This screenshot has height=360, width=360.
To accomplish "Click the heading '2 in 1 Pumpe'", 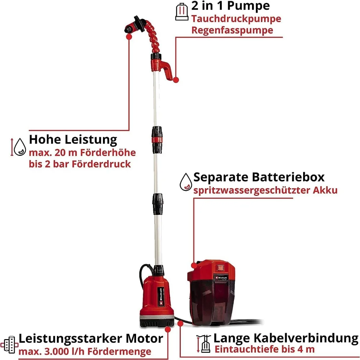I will [x=231, y=6].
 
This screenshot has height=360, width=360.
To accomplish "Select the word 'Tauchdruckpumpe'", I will [x=236, y=19].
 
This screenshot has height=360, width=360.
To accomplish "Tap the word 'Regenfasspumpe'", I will [x=232, y=30].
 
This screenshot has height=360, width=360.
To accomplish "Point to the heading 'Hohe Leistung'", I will [x=73, y=139].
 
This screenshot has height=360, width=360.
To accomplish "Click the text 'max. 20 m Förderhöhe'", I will [x=77, y=152].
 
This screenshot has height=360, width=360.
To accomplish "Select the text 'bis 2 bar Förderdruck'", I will [x=80, y=164].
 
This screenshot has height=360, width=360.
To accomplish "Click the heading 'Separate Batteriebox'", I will [x=259, y=177].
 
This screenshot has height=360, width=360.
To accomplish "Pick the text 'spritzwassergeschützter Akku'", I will [x=266, y=190].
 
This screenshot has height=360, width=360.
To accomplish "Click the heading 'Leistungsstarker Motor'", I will [x=91, y=339].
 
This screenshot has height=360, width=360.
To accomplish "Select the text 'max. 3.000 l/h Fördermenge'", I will [x=85, y=351].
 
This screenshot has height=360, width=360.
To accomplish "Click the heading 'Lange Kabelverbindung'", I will [x=286, y=338].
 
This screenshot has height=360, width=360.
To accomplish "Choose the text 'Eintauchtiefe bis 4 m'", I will [x=265, y=349].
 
